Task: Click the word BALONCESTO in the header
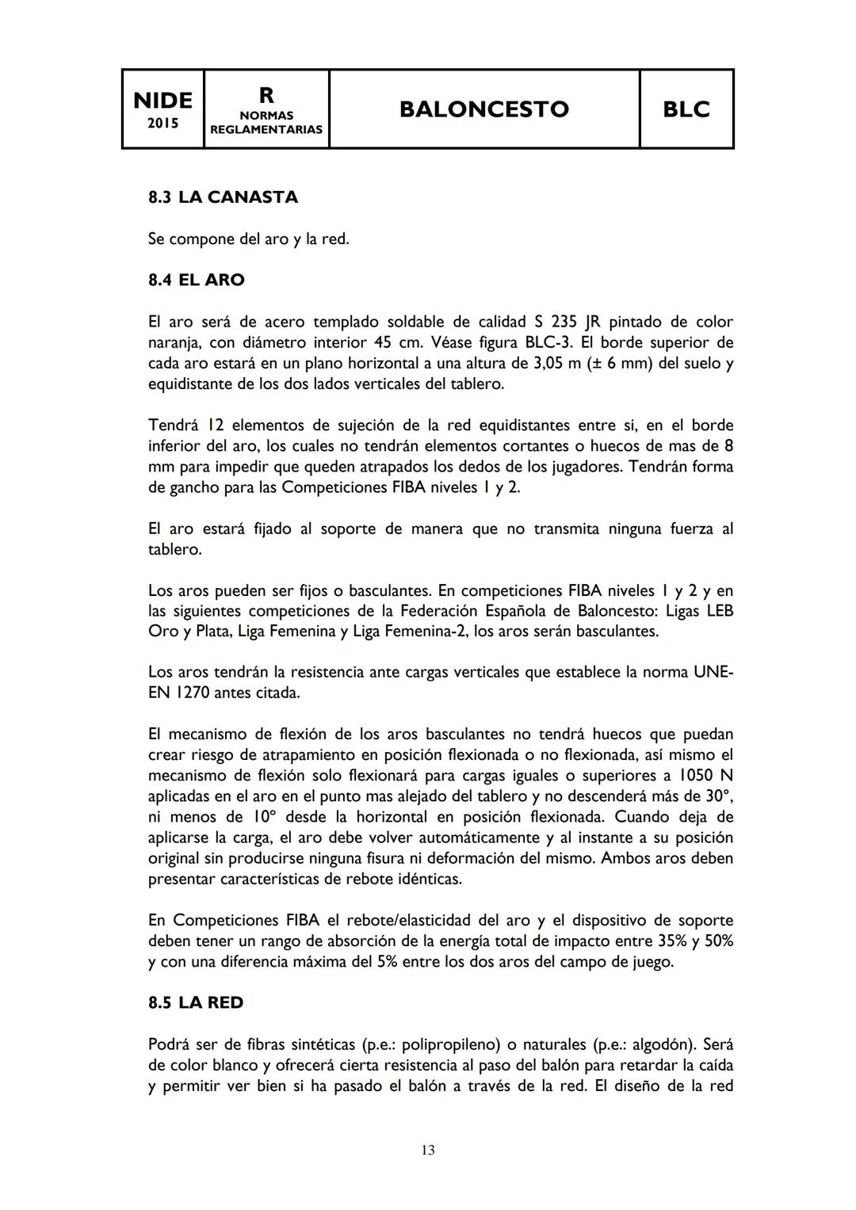tap(483, 109)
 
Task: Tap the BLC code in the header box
tap(686, 109)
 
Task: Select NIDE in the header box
tap(162, 101)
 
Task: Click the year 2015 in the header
tap(162, 124)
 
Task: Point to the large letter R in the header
tap(266, 96)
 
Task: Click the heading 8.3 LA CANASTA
tap(223, 197)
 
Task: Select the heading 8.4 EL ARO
tap(196, 280)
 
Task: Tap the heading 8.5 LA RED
tap(196, 1002)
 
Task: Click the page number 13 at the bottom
tap(428, 1150)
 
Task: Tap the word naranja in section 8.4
tap(174, 342)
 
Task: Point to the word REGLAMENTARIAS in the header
tap(266, 129)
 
